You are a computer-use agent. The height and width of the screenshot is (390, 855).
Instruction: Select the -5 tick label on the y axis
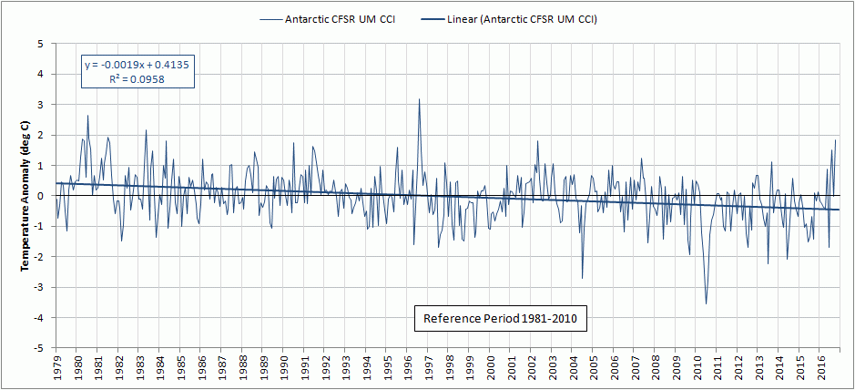pos(39,348)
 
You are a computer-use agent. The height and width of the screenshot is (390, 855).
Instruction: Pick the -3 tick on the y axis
pos(39,287)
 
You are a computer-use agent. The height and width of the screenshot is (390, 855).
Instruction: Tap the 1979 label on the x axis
pos(56,366)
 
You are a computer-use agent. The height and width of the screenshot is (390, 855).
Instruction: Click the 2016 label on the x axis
pos(822,366)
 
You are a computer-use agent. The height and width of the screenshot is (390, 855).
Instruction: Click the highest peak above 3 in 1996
pos(419,99)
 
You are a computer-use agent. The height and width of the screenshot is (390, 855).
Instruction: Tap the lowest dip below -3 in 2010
pos(707,303)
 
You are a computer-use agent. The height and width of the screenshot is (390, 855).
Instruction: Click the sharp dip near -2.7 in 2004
pos(582,278)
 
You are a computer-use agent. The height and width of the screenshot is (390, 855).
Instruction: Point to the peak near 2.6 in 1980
pos(87,116)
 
